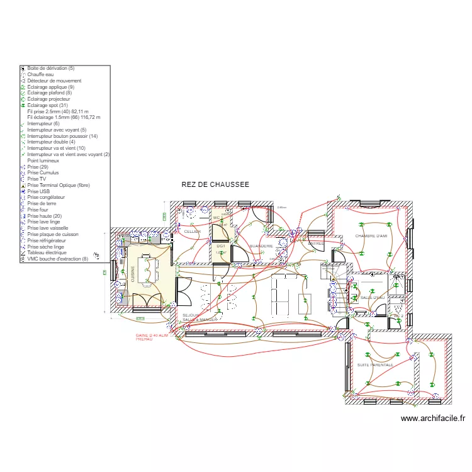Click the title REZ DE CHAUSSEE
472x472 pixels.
215,184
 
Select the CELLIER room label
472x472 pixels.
192,232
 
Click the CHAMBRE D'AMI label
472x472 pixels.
371,236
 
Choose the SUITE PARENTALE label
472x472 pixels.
375,364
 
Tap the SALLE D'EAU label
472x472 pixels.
372,297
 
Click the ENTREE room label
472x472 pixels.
317,243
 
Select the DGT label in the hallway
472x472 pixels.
221,246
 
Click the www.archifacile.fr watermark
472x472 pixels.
432,419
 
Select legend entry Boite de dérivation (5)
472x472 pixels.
50,68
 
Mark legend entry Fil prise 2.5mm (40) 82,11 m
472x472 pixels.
62,111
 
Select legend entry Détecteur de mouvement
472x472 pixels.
54,81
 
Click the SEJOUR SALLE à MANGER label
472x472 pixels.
199,317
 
